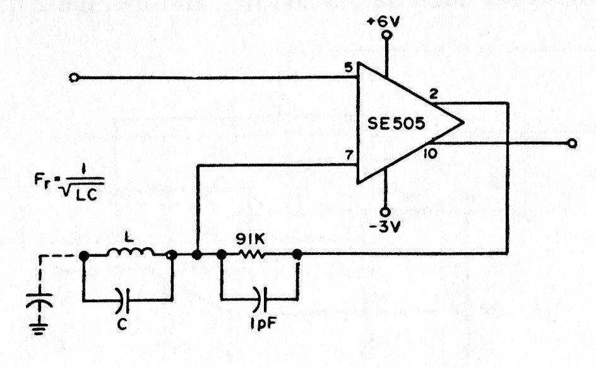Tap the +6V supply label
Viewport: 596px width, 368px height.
pyautogui.click(x=384, y=21)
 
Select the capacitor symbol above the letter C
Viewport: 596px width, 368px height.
pyautogui.click(x=123, y=301)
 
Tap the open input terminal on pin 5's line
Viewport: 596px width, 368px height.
pyautogui.click(x=74, y=78)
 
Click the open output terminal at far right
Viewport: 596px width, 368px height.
pyautogui.click(x=571, y=144)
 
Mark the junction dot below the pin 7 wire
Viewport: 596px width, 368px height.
pyautogui.click(x=197, y=255)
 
